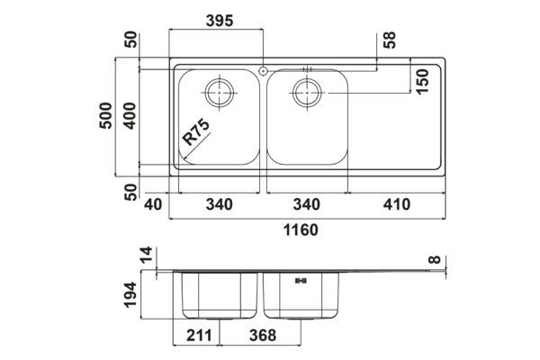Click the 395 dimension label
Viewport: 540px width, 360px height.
pyautogui.click(x=220, y=21)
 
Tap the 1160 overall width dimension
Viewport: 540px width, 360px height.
pyautogui.click(x=301, y=229)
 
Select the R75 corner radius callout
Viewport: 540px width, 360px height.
pyautogui.click(x=195, y=132)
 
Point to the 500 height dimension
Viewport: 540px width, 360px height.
pyautogui.click(x=105, y=116)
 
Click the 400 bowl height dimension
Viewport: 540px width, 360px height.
pyautogui.click(x=130, y=116)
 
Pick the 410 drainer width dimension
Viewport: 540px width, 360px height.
pyautogui.click(x=397, y=204)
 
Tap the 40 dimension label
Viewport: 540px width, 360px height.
pyautogui.click(x=153, y=204)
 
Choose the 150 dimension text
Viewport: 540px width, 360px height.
pyautogui.click(x=422, y=81)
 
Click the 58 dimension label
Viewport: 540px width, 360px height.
pyautogui.click(x=390, y=40)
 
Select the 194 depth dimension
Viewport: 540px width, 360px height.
pyautogui.click(x=130, y=294)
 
